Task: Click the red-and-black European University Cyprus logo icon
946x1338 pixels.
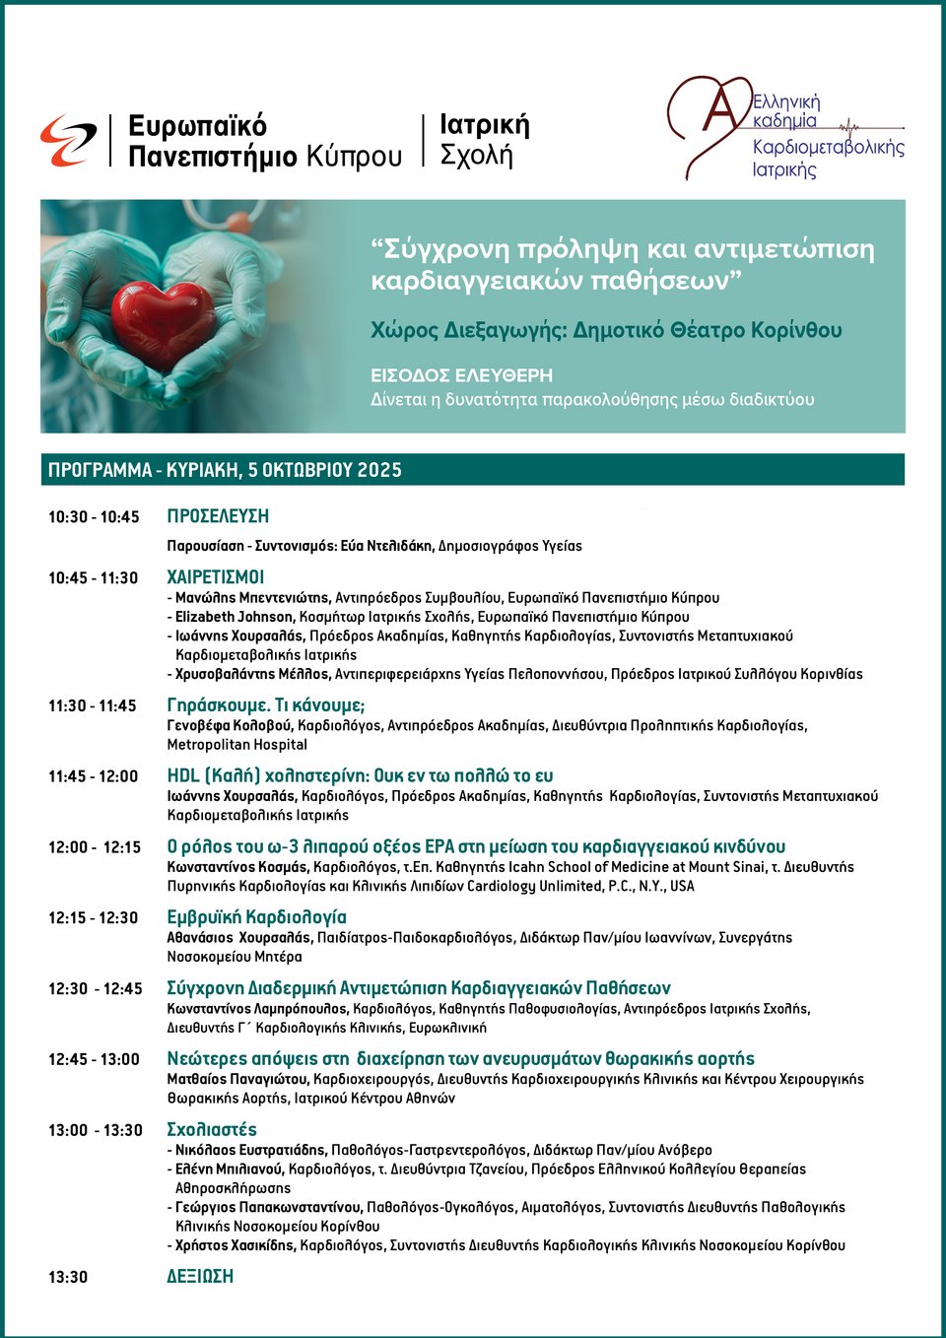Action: [x=68, y=140]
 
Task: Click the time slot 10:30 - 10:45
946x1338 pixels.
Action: [x=94, y=517]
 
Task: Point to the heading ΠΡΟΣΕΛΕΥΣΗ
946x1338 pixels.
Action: [x=218, y=516]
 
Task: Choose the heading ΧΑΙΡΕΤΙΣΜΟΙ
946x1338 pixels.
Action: [x=216, y=577]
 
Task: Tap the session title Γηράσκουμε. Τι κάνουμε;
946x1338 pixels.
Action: [x=266, y=705]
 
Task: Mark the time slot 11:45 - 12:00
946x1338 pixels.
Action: [x=94, y=776]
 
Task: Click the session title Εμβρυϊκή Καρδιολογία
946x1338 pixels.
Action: [x=257, y=917]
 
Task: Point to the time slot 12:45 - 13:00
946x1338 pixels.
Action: [x=94, y=1059]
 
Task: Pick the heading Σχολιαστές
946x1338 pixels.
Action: [x=212, y=1130]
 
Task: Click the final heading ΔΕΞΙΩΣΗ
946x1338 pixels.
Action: [x=200, y=1276]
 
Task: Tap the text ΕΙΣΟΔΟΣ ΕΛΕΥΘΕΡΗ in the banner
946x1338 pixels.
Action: [x=461, y=375]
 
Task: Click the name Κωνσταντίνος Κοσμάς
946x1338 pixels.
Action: [x=237, y=867]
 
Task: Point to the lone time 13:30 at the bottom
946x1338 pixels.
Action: [x=68, y=1277]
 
